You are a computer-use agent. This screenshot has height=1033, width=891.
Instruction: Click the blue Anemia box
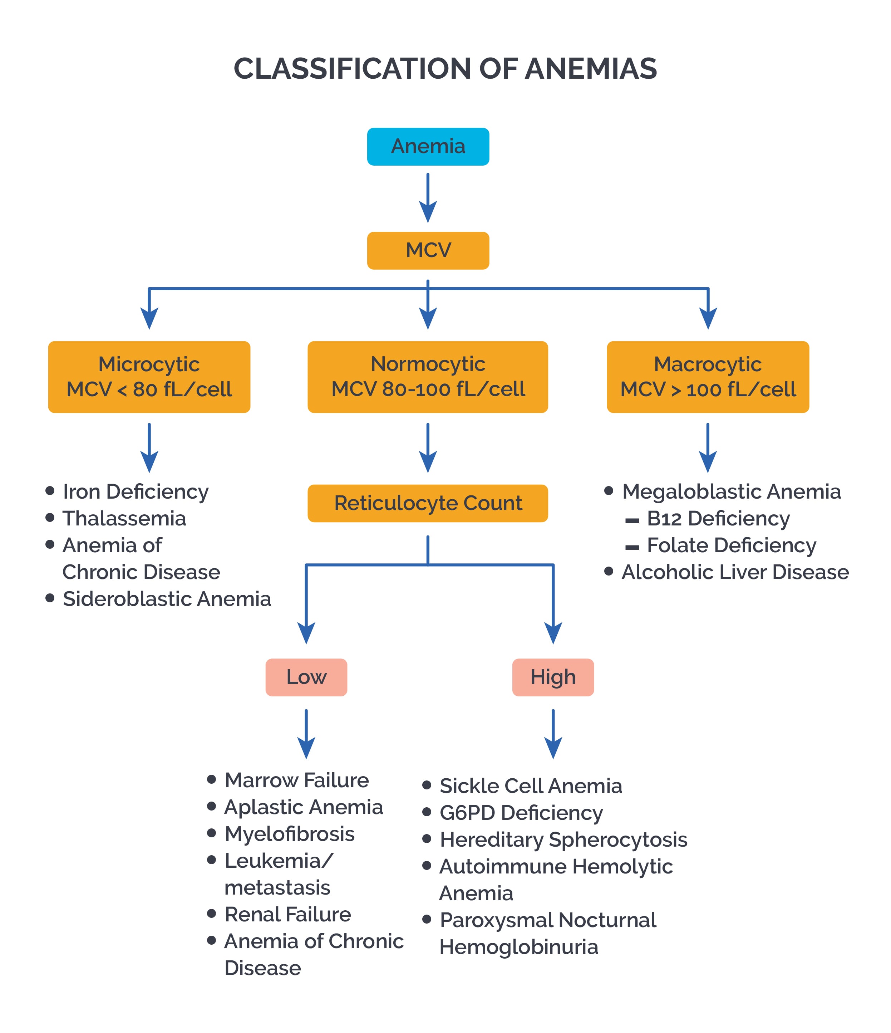click(x=428, y=147)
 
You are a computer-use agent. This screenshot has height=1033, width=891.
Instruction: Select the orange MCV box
click(x=428, y=250)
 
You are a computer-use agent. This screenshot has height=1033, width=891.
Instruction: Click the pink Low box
click(x=306, y=677)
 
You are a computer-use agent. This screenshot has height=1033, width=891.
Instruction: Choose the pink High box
click(x=553, y=677)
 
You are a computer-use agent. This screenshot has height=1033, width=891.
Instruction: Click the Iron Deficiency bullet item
click(x=135, y=491)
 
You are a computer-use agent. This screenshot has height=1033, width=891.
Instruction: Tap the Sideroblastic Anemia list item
click(x=167, y=599)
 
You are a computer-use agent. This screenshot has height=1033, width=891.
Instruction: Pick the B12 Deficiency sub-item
click(x=718, y=519)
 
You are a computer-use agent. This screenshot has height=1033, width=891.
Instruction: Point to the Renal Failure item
click(x=287, y=914)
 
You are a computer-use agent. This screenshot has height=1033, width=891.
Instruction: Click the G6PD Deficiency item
click(x=521, y=813)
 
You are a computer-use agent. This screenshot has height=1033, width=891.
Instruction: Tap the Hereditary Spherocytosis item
click(x=563, y=839)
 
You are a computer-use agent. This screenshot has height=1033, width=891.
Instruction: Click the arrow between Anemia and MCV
click(x=428, y=197)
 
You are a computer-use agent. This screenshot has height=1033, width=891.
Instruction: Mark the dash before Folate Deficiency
click(x=631, y=547)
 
